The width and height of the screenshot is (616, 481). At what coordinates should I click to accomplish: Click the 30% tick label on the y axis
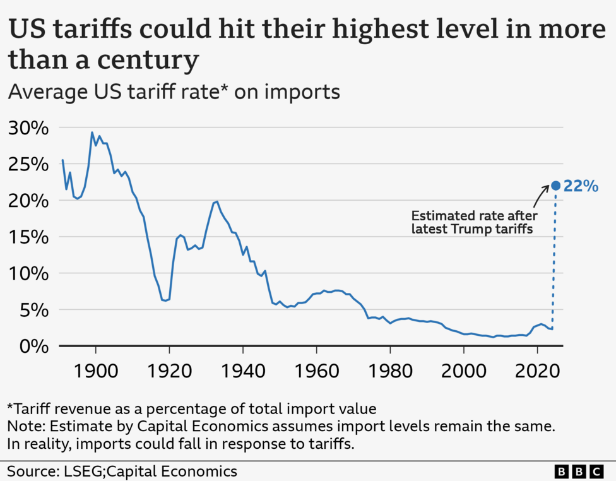(x=28, y=128)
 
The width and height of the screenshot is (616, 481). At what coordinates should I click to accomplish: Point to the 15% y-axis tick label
(x=28, y=237)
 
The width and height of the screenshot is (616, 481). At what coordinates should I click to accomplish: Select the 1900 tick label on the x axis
(x=96, y=369)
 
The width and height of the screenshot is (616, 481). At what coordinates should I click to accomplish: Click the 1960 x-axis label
(x=316, y=369)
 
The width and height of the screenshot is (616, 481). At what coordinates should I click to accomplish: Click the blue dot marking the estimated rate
(x=555, y=186)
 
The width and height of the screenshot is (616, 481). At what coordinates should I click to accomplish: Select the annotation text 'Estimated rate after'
(x=473, y=216)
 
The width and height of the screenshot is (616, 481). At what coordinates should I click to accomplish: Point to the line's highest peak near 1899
(x=92, y=133)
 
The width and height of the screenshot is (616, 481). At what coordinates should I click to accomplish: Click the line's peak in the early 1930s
(x=217, y=201)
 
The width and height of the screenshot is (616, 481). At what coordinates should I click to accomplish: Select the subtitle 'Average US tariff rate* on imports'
(x=174, y=92)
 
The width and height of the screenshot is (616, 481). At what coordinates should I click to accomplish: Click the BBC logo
(x=579, y=472)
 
